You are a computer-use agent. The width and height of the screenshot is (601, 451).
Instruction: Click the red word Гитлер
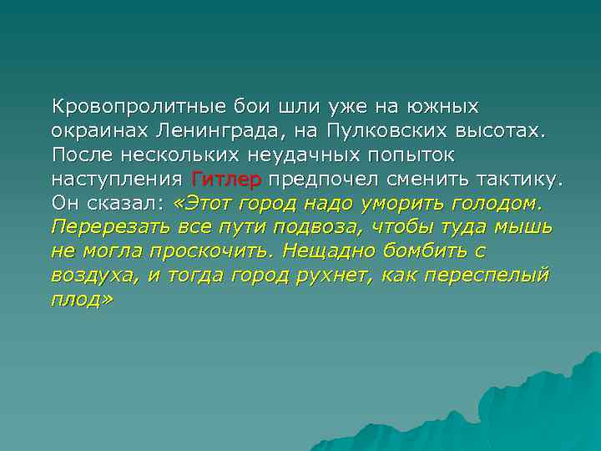pyautogui.click(x=226, y=179)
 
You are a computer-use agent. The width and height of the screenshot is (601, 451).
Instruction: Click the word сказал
pyautogui.click(x=127, y=203)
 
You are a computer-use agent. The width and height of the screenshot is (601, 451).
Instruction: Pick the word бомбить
pyautogui.click(x=422, y=251)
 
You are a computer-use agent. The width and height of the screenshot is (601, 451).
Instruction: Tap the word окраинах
pyautogui.click(x=98, y=131)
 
